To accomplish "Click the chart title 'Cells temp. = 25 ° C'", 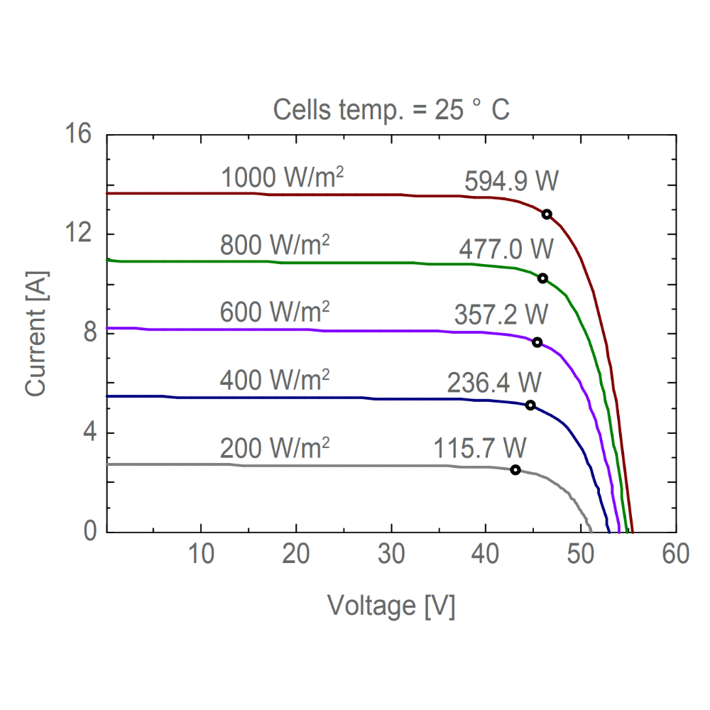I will coord(391,111).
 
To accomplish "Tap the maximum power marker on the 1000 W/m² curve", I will coord(547,214).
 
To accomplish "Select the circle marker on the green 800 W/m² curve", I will coord(542,278).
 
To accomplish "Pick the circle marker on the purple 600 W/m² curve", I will coord(537,342).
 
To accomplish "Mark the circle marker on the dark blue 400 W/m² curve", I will coord(530,405).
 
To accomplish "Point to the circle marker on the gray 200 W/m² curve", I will coord(515,470).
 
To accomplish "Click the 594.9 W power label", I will coord(512,182).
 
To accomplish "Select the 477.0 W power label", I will coord(506,250).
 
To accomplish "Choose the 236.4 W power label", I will coord(494,382).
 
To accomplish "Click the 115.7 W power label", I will coord(480,448).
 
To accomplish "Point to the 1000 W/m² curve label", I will coord(283,178).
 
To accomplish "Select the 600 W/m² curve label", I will coord(275,313).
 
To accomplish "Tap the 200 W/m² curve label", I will coord(275,448).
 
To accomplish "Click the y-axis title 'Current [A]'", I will coord(36,333).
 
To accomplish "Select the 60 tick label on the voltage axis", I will coord(675,555).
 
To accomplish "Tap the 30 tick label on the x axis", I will coord(391,555).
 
